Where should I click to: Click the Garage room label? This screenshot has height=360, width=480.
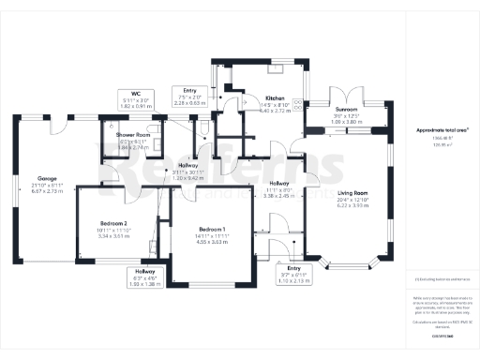(47, 176)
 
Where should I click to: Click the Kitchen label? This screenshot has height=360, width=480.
(275, 97)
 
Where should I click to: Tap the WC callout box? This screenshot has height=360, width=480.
(136, 99)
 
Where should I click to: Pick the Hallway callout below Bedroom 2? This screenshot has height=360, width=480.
(143, 277)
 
